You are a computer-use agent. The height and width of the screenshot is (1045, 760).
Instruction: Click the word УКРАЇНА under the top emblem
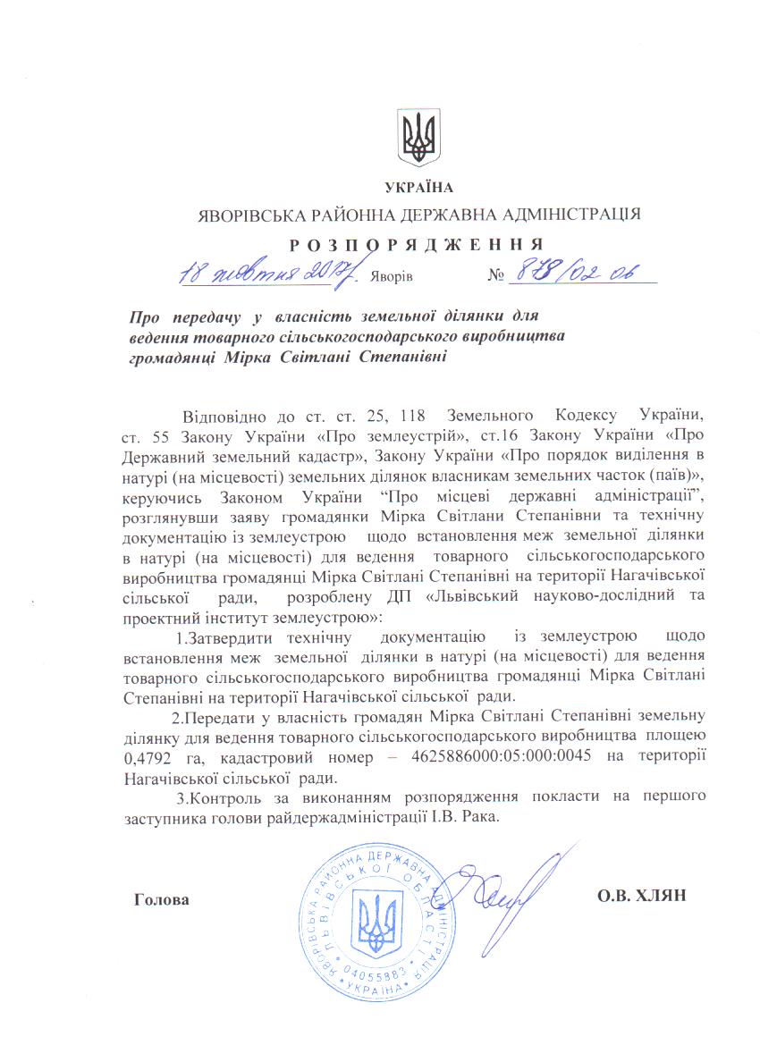point(418,188)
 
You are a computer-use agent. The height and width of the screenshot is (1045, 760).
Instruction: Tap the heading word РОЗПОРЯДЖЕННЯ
point(417,243)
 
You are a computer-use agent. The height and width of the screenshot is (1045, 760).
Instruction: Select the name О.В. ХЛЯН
point(640,896)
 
